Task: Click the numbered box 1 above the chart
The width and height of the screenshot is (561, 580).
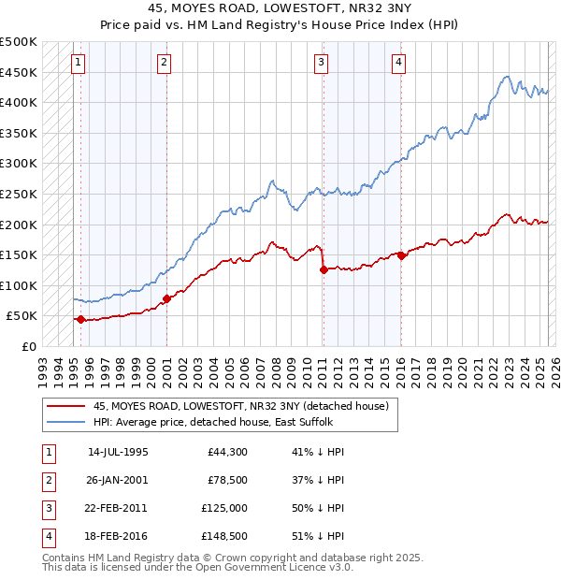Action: [x=78, y=63]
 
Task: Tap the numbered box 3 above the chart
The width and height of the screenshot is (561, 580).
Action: [x=321, y=63]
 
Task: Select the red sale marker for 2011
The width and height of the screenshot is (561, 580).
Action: [x=324, y=269]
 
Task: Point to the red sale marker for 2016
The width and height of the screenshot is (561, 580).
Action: [x=401, y=254]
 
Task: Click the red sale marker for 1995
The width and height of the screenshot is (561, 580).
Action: [x=80, y=319]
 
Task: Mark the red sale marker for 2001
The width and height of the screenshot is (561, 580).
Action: [x=166, y=298]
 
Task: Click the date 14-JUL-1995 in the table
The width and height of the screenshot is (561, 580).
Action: [x=118, y=452]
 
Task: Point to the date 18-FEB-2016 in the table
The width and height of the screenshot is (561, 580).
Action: [x=118, y=536]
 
